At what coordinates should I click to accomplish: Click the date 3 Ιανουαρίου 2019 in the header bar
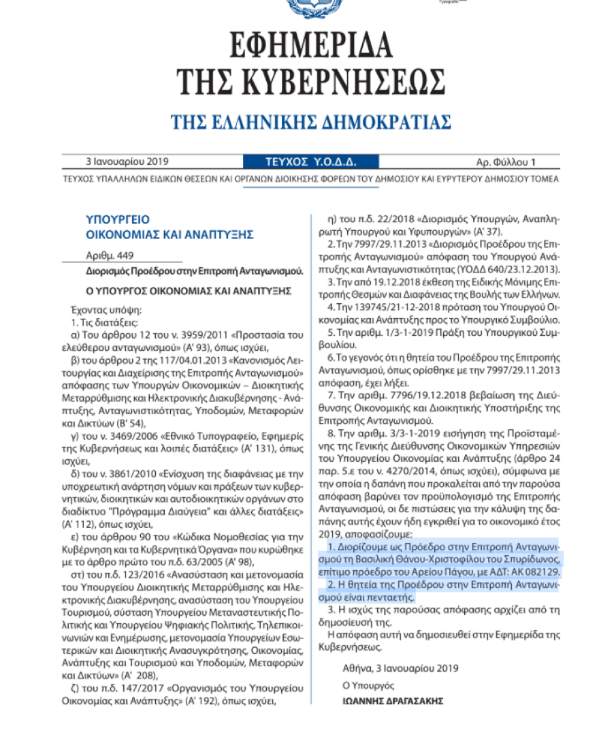[x=127, y=162]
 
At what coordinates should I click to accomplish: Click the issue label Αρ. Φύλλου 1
[x=506, y=162]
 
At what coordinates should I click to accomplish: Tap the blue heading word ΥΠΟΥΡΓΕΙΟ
[x=118, y=219]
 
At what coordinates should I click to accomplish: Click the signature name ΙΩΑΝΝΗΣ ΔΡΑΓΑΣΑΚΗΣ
[x=393, y=700]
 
